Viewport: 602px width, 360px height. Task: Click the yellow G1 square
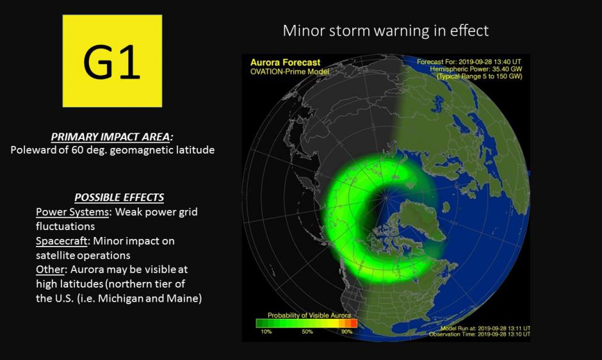point(112,61)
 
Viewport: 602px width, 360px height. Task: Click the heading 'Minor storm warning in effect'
point(386,31)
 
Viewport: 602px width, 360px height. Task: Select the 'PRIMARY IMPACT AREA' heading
point(111,137)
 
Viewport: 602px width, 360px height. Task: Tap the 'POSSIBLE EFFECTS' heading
point(119,197)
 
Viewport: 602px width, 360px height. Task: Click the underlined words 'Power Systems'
point(72,212)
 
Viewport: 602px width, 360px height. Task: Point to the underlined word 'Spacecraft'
point(62,241)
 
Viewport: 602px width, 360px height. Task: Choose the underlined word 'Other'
point(50,269)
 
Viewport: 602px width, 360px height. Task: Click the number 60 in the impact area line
point(77,149)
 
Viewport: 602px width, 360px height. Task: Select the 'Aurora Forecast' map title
point(285,63)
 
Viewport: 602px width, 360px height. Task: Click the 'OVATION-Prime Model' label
point(289,72)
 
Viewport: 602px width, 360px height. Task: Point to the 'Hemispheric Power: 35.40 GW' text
point(476,69)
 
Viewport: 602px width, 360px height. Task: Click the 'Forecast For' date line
point(469,62)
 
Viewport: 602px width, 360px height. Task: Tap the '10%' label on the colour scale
point(266,332)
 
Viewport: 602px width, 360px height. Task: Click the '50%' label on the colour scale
point(307,332)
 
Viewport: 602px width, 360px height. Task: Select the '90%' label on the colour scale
point(346,332)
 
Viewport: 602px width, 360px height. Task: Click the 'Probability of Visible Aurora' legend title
point(309,315)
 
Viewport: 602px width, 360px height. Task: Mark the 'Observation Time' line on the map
point(480,334)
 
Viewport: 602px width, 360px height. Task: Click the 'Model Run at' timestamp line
point(485,329)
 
